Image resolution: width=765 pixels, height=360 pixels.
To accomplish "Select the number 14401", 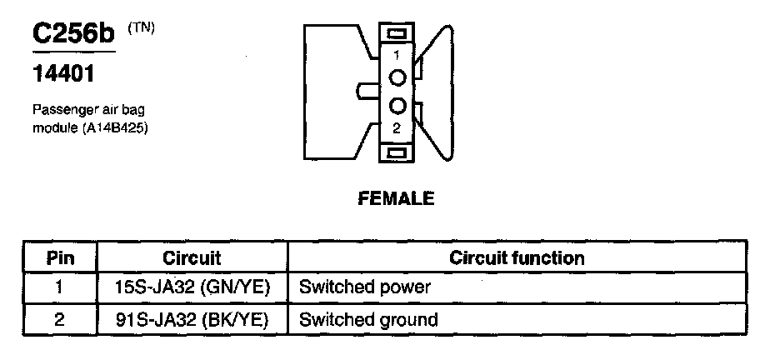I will [62, 74].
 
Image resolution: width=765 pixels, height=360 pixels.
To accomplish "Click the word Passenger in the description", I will [61, 110].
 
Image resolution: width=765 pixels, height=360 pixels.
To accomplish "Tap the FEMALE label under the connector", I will [396, 198].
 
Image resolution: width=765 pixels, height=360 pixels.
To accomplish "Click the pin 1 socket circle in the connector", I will [397, 77].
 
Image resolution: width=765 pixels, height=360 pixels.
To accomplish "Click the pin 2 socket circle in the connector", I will [397, 106].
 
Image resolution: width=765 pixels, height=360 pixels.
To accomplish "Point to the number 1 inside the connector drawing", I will [397, 54].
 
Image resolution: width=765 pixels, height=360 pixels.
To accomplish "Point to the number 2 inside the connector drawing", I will [397, 127].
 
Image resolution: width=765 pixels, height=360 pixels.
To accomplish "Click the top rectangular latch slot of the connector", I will [397, 31].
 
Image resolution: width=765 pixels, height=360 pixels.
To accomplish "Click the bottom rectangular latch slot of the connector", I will [397, 152].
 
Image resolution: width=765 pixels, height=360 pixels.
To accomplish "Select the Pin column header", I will [60, 257].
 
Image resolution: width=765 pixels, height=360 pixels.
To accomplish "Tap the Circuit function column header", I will [517, 257].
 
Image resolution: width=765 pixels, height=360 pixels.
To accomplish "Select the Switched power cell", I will [364, 288].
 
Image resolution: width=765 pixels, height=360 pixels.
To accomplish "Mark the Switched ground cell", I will [367, 319].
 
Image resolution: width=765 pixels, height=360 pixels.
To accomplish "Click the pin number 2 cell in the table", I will [60, 319].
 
